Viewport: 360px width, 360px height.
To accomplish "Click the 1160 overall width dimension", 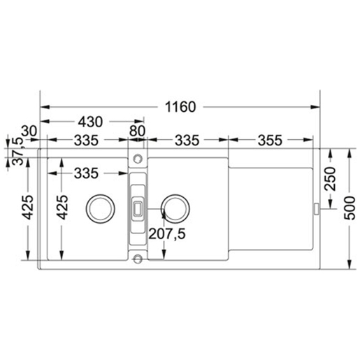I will (180, 107).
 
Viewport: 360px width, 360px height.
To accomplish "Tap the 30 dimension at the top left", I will (29, 130).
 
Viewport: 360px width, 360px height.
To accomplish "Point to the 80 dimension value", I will (137, 130).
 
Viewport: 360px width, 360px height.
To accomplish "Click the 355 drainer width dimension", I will (268, 141).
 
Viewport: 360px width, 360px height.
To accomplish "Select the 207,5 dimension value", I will (166, 235).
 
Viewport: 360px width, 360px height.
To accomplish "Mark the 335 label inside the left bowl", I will (85, 172).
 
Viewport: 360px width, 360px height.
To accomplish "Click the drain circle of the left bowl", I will (97, 208).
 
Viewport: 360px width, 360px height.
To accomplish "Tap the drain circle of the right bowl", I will (173, 208).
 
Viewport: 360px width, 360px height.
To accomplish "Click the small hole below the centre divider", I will (138, 260).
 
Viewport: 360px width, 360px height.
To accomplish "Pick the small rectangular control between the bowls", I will (138, 208).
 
